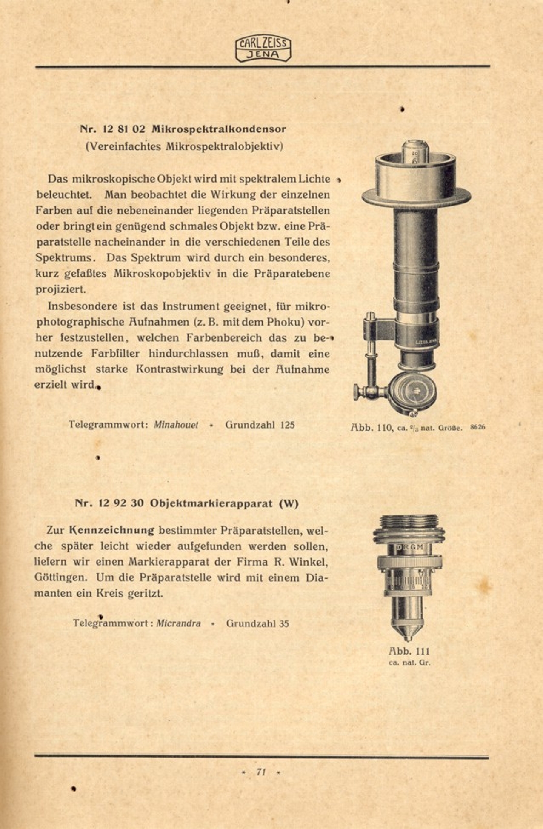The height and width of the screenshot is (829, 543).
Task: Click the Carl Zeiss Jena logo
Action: pos(263,49)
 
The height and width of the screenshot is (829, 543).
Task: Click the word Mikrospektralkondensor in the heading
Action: pos(219,129)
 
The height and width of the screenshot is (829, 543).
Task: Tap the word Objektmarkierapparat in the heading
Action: pos(211,503)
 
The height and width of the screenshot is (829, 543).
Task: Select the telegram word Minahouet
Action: pos(176,425)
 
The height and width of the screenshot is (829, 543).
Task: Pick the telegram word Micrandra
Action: pos(178,623)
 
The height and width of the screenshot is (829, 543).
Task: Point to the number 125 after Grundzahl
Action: pos(287,425)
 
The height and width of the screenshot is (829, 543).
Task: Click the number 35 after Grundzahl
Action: pos(284,623)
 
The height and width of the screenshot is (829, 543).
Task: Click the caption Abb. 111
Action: pos(409,651)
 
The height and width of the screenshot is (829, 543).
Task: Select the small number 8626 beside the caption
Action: pos(477,427)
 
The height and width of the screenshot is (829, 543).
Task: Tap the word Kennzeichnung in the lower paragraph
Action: pos(111,530)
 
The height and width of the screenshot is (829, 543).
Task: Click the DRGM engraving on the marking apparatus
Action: pos(409,547)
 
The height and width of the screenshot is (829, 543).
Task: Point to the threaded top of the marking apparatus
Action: pos(409,523)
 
